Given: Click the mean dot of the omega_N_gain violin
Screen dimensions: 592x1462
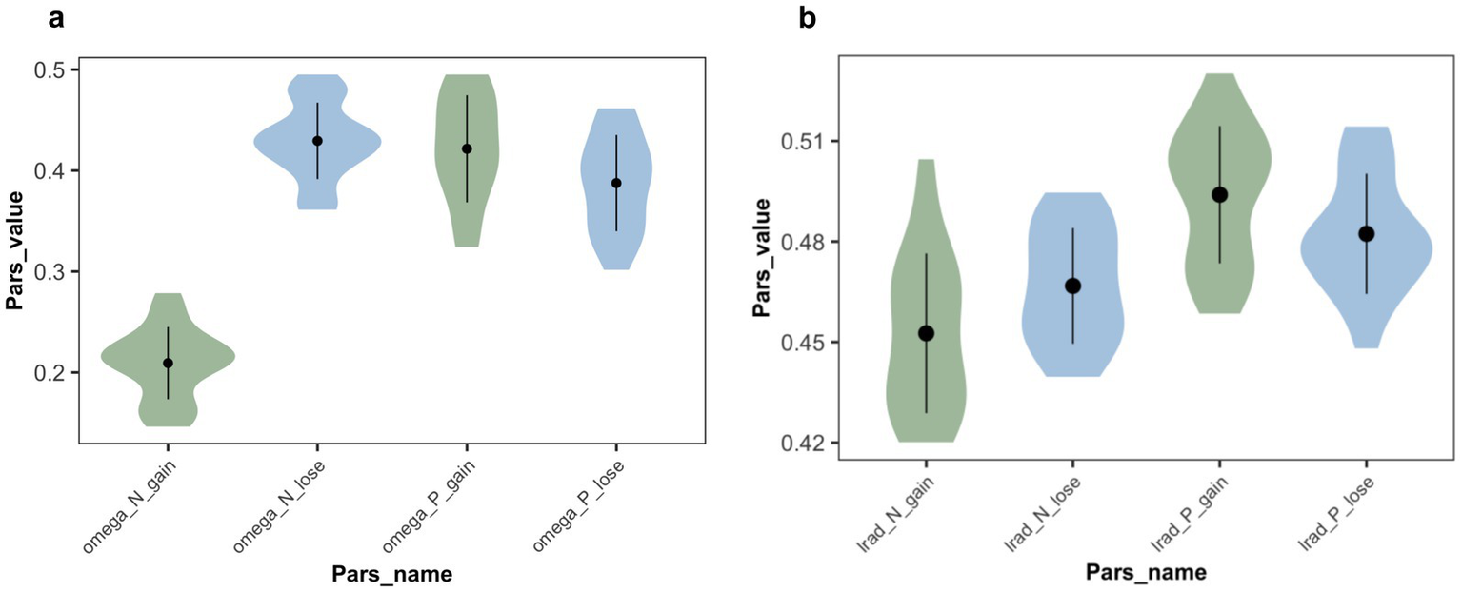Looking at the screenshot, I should coord(168,363).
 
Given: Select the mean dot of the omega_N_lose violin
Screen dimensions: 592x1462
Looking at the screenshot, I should coord(317,141).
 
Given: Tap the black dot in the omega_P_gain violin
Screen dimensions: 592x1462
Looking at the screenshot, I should coord(467,148).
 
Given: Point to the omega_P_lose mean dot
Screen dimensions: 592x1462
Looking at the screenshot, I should coord(616,183).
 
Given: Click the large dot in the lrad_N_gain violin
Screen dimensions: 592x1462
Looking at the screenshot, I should coord(926,333).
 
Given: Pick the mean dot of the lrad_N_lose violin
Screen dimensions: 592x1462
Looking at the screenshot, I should coord(1072,286).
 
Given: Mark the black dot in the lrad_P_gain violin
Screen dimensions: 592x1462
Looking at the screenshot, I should coord(1219,194).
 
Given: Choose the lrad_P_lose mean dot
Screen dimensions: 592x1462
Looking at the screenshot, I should coord(1367,233).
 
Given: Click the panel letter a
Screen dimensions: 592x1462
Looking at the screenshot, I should coord(57,16).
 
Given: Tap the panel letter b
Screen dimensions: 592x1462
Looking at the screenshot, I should coord(808,16).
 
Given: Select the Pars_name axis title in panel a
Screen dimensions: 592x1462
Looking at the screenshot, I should coord(391,574).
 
